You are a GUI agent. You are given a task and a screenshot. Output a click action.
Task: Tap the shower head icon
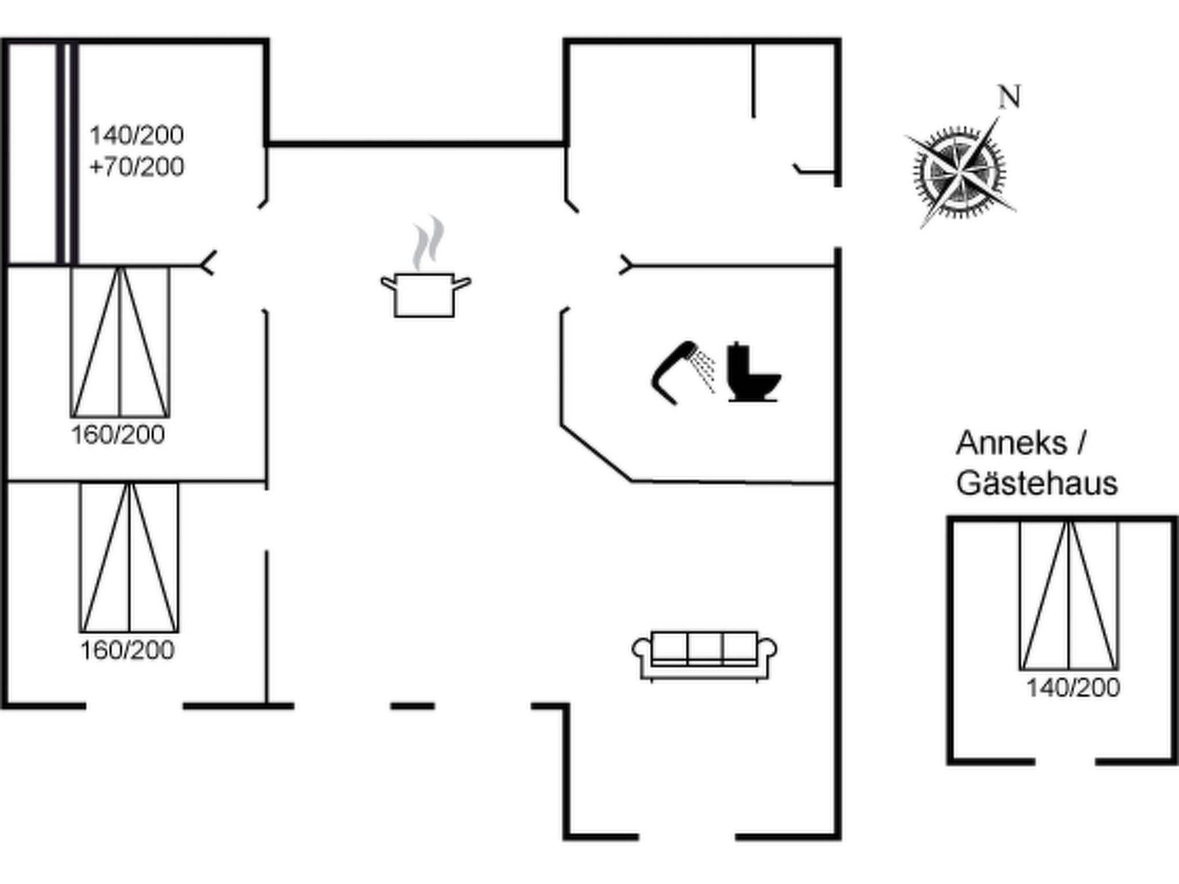click(x=683, y=373)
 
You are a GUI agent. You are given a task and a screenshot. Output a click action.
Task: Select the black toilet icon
click(x=754, y=372)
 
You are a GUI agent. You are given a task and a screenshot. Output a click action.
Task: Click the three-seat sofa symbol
click(x=705, y=656)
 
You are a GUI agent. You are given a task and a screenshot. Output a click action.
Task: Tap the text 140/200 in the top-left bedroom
click(x=136, y=135)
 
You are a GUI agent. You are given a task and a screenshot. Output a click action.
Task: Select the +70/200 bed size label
click(x=136, y=167)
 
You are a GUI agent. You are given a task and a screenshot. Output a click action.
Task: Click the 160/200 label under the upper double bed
click(x=118, y=435)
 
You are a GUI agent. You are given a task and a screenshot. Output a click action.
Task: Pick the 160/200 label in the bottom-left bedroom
click(x=127, y=651)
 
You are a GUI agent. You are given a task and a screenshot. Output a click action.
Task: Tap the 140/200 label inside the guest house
click(x=1073, y=688)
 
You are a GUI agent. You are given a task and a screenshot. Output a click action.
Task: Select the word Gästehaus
click(x=1037, y=483)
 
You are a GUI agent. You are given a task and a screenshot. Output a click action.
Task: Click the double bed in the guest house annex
click(x=1069, y=596)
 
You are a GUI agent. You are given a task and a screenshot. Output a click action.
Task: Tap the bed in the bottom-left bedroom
click(x=130, y=557)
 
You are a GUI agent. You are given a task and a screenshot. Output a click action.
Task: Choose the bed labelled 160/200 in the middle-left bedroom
click(x=120, y=342)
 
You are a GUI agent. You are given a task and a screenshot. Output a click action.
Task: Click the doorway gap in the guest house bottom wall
click(x=1065, y=761)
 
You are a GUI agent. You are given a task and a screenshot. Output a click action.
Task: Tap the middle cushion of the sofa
click(x=705, y=648)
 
